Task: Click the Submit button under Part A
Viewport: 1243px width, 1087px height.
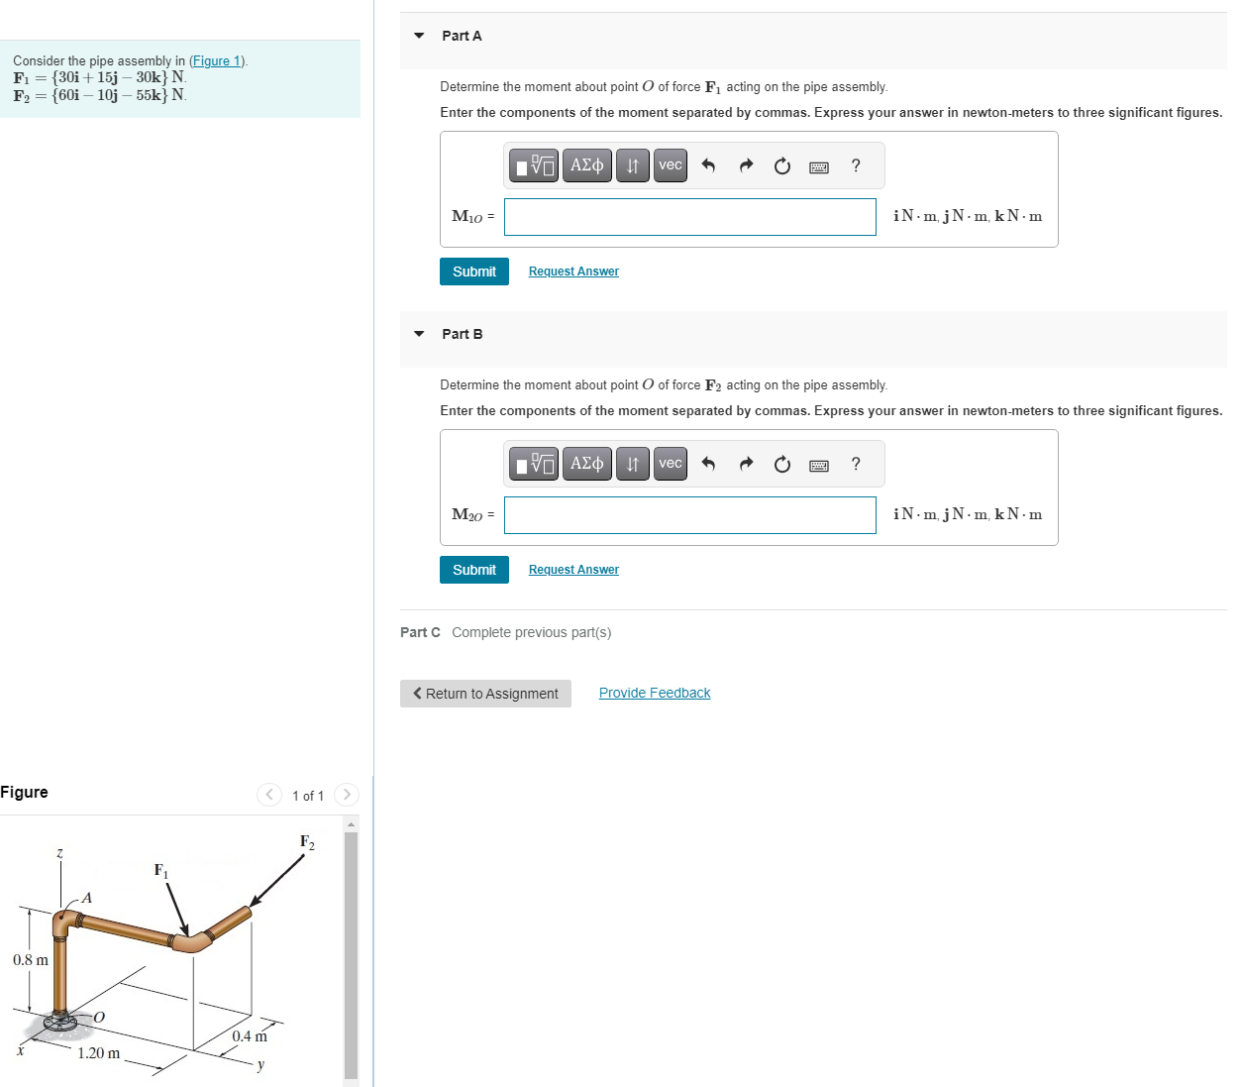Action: point(473,272)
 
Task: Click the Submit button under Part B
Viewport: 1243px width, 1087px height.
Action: point(473,570)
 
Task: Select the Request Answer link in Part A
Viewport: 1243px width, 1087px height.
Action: point(573,272)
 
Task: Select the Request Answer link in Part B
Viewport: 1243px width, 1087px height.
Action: point(573,570)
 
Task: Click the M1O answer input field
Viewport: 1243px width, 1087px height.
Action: point(689,217)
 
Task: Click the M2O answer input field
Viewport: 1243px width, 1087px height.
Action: point(689,515)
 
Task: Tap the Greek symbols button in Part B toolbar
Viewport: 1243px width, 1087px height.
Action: point(586,464)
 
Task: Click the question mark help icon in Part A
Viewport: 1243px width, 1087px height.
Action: point(856,165)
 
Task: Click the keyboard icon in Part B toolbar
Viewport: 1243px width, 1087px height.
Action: point(819,465)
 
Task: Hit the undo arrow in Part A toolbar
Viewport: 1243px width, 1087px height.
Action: point(708,165)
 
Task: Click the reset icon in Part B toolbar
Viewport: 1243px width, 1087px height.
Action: point(782,465)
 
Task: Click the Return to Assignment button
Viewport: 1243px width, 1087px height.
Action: point(485,694)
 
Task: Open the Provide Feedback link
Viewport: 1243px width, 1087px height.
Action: point(655,693)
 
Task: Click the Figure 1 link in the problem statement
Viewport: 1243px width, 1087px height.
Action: point(218,61)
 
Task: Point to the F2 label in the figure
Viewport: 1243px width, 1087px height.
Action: point(307,842)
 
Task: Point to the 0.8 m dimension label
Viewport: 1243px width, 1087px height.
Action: point(31,960)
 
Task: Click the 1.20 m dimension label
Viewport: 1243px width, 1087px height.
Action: point(99,1053)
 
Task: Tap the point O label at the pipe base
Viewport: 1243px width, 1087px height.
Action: point(99,1017)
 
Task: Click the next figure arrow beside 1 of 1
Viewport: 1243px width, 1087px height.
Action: point(346,795)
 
